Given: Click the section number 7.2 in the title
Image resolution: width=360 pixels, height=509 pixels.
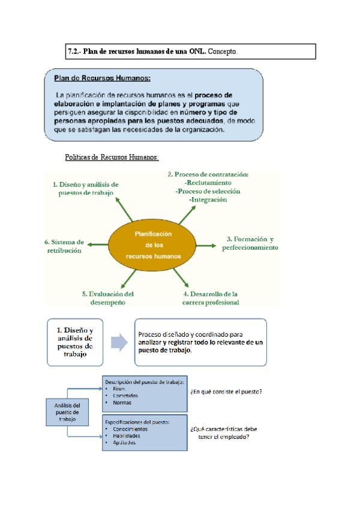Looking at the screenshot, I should click(x=73, y=52).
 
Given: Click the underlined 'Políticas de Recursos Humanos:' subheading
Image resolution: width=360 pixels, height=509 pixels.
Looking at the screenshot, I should click(x=112, y=157).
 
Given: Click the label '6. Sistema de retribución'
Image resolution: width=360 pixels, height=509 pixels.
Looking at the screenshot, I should click(x=63, y=246).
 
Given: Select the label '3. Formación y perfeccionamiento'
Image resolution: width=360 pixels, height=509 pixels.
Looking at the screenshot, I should click(x=250, y=242).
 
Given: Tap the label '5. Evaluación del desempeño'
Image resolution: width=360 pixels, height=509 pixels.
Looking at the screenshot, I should click(x=107, y=298).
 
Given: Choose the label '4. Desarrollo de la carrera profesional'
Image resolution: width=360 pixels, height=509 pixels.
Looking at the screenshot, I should click(x=210, y=298).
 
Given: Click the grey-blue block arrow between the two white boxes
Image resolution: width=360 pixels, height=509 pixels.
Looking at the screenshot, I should click(x=119, y=342).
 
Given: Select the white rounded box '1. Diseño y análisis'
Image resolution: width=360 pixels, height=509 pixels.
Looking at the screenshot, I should click(x=75, y=342).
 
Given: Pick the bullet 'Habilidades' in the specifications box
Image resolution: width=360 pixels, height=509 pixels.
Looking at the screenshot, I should click(x=126, y=436).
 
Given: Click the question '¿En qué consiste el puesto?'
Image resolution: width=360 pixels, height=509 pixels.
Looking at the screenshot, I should click(x=226, y=392).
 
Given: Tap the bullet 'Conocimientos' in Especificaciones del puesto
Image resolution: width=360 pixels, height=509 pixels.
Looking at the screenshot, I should click(x=130, y=429).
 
